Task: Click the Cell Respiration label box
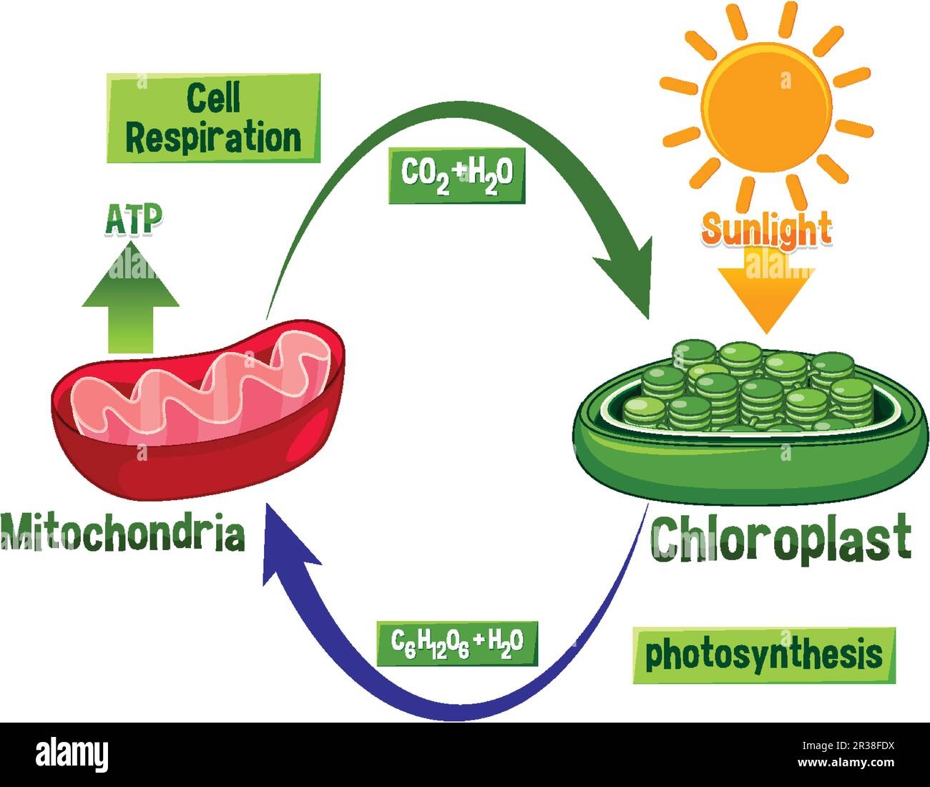(x=213, y=117)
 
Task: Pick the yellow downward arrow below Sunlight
(x=766, y=289)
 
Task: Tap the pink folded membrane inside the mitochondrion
(x=215, y=386)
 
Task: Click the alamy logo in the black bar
(x=72, y=755)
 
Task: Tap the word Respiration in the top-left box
(x=213, y=135)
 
